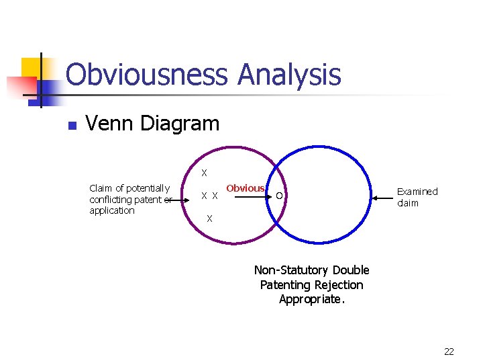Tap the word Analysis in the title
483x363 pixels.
(x=289, y=75)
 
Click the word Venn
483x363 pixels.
(x=109, y=124)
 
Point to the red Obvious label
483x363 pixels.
(x=245, y=188)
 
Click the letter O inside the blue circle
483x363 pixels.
(x=280, y=196)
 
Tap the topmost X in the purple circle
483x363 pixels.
(x=205, y=173)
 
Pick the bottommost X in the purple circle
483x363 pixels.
(x=209, y=218)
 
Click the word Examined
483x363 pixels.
(x=417, y=192)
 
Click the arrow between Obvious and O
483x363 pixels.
(x=248, y=198)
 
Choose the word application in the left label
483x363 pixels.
(x=112, y=210)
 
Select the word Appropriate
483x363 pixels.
(x=312, y=300)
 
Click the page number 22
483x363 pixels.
(x=449, y=352)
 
